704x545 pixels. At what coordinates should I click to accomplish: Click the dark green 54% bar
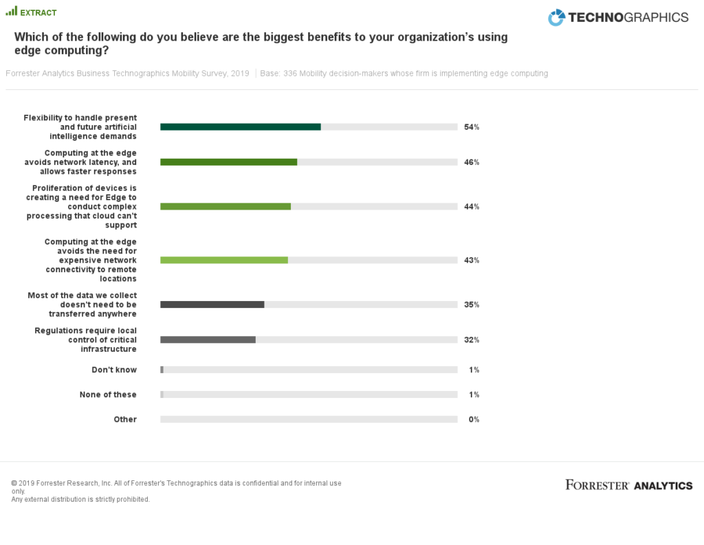pos(241,127)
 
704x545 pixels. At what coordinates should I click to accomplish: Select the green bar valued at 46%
pos(229,162)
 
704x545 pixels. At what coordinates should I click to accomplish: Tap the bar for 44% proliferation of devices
pos(225,206)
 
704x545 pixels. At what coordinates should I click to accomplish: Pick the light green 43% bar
pos(224,260)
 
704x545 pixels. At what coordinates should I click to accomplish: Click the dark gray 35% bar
pos(212,304)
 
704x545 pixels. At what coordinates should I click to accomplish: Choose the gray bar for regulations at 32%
pos(208,340)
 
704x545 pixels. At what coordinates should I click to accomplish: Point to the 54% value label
pos(472,127)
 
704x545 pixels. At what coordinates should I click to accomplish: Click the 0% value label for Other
pos(474,419)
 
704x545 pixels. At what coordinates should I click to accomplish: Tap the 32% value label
pos(472,340)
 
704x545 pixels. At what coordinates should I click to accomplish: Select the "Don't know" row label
pos(114,370)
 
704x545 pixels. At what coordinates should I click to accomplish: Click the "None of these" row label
pos(108,394)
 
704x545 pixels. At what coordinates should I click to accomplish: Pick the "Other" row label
pos(125,419)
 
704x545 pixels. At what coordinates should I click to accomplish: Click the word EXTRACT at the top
pos(38,13)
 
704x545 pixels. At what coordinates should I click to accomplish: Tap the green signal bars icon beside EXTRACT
pos(11,12)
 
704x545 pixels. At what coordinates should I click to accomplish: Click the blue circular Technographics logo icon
pos(556,18)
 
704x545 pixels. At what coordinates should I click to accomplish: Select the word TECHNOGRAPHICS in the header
pos(628,18)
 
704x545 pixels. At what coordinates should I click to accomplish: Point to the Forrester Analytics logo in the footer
pos(628,485)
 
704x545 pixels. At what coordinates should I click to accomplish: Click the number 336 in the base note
pos(289,74)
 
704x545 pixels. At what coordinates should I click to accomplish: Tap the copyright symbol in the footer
pos(14,483)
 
